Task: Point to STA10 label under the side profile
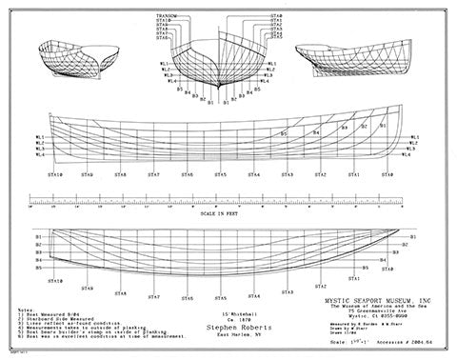(x=56, y=175)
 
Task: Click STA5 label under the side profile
(x=221, y=175)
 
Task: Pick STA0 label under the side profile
(x=387, y=175)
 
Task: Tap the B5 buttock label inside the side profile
(x=284, y=134)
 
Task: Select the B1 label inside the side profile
(x=382, y=125)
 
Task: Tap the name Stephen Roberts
(x=220, y=322)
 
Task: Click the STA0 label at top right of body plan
(x=276, y=16)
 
